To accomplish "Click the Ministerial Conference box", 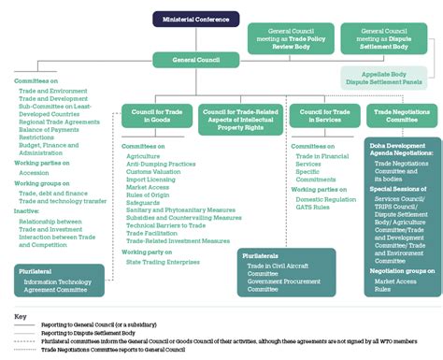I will click(x=195, y=19).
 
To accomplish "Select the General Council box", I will click(x=195, y=59).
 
